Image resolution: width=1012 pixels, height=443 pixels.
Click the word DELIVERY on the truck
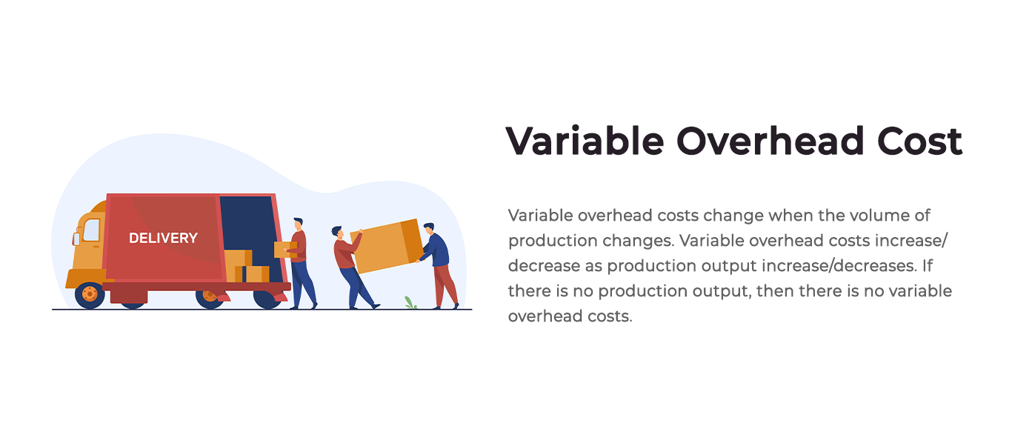(x=163, y=238)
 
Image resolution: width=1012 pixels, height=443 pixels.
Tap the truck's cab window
(x=92, y=230)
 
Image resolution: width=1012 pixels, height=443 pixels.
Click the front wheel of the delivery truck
(x=90, y=295)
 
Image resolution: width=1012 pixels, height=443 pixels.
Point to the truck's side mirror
(x=76, y=239)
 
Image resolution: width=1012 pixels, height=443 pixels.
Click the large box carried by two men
(x=387, y=246)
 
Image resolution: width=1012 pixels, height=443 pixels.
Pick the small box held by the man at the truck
(x=285, y=250)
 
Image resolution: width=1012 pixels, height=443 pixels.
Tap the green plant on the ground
(x=410, y=302)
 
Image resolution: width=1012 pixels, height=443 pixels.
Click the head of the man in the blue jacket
(x=429, y=228)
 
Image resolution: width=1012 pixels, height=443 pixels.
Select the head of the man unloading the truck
(x=298, y=224)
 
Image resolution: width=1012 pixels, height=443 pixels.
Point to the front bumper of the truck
(x=85, y=279)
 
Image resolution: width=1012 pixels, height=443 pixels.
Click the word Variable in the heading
(x=585, y=141)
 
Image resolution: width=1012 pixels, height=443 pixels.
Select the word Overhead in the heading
(x=770, y=141)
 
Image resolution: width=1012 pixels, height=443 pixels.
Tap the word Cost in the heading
(x=920, y=141)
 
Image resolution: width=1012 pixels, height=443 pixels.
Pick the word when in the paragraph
(x=789, y=216)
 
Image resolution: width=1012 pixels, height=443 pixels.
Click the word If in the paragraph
(x=928, y=266)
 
